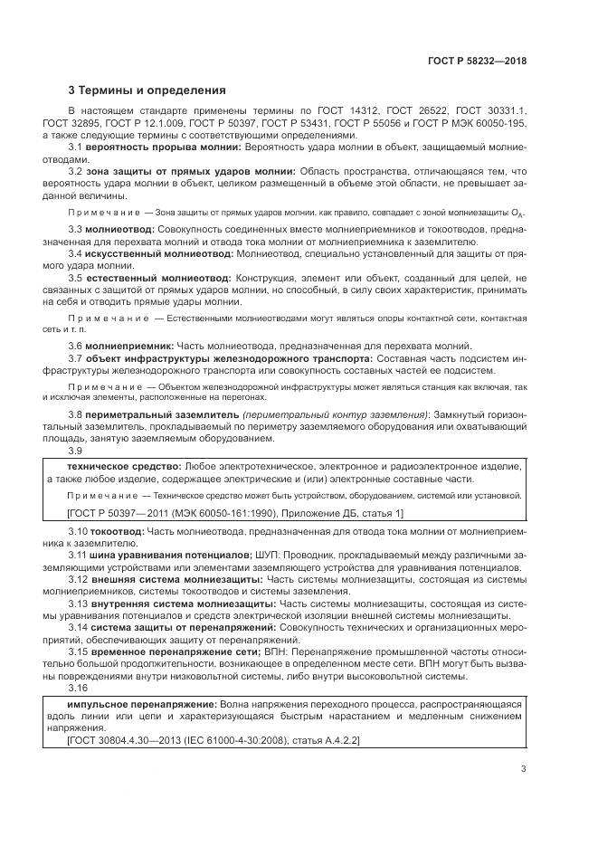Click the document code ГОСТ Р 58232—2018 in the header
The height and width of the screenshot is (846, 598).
(477, 62)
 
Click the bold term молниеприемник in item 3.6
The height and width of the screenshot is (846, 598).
(127, 347)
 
